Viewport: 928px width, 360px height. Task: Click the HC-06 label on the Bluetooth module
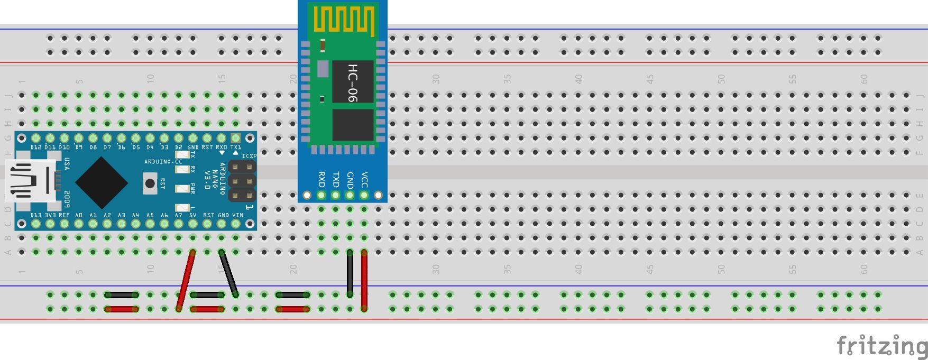point(353,82)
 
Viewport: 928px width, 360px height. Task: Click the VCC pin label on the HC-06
point(364,180)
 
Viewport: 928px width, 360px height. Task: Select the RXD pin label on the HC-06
point(321,180)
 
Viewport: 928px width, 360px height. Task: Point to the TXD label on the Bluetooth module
point(335,180)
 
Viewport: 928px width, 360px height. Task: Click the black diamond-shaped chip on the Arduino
point(102,182)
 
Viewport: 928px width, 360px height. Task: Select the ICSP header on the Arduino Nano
point(242,181)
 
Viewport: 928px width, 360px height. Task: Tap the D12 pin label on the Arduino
point(36,147)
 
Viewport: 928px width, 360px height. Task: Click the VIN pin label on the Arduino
point(237,215)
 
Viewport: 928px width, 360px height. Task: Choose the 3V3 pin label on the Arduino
point(50,215)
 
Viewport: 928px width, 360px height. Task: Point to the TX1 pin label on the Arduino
point(235,147)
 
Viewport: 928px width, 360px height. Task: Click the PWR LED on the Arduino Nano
point(182,189)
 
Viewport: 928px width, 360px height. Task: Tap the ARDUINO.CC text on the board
point(163,161)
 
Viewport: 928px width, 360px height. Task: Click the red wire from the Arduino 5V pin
point(186,280)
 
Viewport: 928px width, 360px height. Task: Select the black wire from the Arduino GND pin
point(228,273)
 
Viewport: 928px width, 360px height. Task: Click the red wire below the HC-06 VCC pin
point(364,280)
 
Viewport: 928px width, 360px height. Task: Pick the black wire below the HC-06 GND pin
point(350,273)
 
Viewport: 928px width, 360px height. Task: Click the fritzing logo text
point(881,346)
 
